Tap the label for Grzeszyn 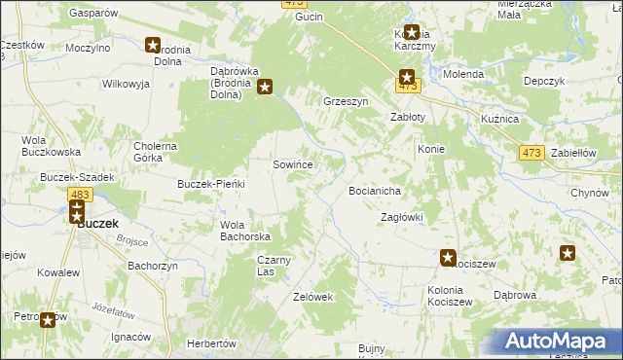click(x=346, y=100)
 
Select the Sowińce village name click(x=292, y=165)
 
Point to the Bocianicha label click(x=376, y=192)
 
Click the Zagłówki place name click(x=401, y=217)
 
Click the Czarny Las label click(x=275, y=266)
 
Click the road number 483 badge click(x=80, y=196)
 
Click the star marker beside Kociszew click(x=448, y=258)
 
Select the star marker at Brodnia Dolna click(x=153, y=44)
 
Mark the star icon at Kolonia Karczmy click(x=412, y=32)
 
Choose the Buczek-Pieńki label click(x=209, y=184)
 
